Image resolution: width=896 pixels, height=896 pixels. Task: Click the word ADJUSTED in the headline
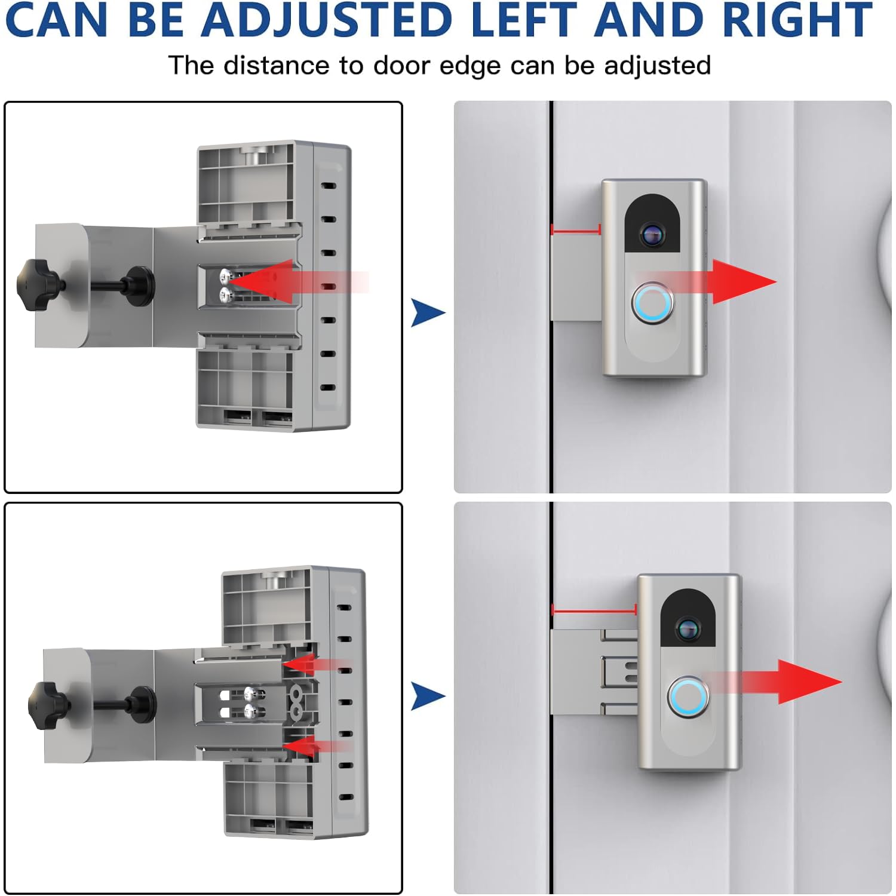click(x=327, y=20)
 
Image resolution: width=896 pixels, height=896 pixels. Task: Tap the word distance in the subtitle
click(x=276, y=65)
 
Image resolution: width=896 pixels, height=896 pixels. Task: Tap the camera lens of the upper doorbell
click(x=652, y=234)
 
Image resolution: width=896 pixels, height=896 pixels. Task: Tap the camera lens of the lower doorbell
click(x=688, y=628)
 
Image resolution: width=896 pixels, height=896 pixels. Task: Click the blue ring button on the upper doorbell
click(x=652, y=302)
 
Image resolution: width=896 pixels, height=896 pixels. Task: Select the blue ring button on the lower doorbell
click(x=688, y=697)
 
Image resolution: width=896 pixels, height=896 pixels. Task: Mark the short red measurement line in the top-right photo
click(x=576, y=230)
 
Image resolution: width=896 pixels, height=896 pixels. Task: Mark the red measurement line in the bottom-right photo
click(x=594, y=610)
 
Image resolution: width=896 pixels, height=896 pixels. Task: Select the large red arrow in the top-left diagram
click(x=269, y=281)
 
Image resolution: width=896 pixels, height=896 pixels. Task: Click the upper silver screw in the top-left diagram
click(x=226, y=275)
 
